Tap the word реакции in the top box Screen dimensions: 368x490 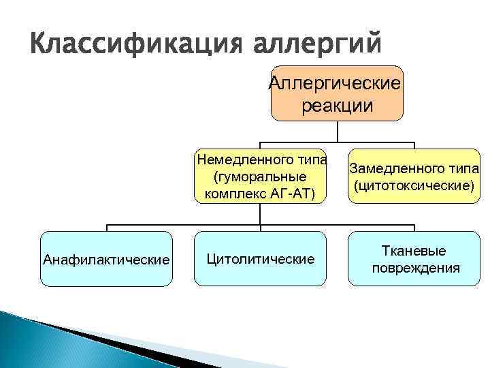pyautogui.click(x=336, y=106)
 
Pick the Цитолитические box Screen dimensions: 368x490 pyautogui.click(x=260, y=259)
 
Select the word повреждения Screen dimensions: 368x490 pyautogui.click(x=415, y=268)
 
